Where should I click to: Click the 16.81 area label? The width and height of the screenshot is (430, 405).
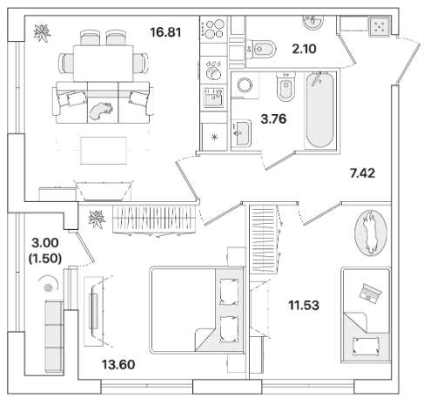[165, 32]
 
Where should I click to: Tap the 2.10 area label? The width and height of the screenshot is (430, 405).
[304, 49]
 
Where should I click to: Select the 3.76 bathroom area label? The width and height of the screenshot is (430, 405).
[273, 118]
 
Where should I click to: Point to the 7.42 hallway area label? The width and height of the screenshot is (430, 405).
[362, 173]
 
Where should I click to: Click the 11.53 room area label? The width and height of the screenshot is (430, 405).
[304, 305]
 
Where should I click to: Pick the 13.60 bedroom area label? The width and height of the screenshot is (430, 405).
[118, 365]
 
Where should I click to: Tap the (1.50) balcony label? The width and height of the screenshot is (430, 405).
[45, 258]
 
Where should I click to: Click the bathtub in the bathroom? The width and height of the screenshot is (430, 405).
[320, 110]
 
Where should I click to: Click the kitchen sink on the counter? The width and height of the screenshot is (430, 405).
[213, 98]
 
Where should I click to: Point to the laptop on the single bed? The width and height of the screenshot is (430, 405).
[370, 294]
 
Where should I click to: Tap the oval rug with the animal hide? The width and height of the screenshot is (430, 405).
[371, 233]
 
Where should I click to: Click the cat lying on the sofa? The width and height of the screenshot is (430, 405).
[101, 111]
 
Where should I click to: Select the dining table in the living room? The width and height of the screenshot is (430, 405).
[104, 64]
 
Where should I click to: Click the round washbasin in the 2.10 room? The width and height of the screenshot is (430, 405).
[312, 21]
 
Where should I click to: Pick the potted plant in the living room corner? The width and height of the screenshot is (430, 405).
[43, 33]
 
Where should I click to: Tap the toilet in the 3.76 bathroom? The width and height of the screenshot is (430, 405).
[286, 86]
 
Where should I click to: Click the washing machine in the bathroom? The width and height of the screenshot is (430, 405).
[245, 85]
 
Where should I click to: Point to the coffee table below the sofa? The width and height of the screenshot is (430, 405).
[104, 151]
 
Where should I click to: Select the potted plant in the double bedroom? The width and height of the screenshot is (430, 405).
[97, 219]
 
